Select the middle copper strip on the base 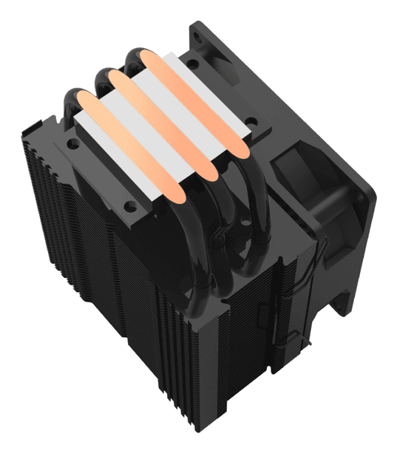[160, 125]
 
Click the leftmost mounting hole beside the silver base [71, 143]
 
